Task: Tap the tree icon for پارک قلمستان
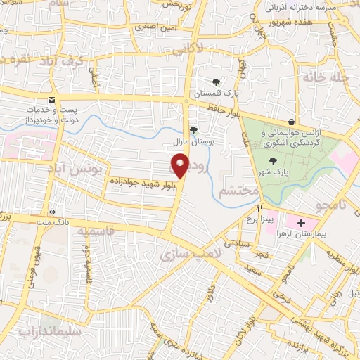(216, 82)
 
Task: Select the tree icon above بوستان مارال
(193, 130)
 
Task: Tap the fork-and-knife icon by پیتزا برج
(260, 208)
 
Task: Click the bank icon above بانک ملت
(52, 212)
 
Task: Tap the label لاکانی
(205, 50)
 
